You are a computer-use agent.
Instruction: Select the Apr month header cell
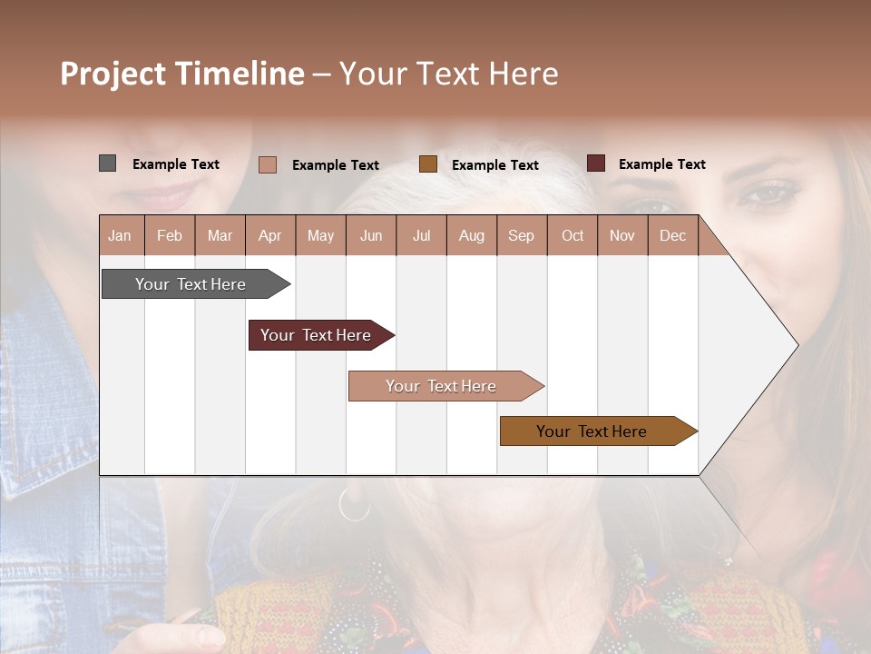click(x=270, y=235)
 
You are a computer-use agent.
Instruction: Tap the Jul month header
click(x=421, y=235)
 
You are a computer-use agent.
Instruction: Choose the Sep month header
click(x=522, y=235)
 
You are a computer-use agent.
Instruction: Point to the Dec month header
click(x=672, y=235)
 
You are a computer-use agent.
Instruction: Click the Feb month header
click(x=170, y=235)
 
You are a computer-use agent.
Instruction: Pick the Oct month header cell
click(x=573, y=235)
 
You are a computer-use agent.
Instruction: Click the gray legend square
click(x=108, y=163)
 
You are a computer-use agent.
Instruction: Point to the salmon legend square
click(x=268, y=164)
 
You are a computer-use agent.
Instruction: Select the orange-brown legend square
click(x=428, y=163)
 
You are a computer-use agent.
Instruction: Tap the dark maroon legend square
click(x=596, y=163)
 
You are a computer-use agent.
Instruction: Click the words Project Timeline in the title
click(x=182, y=74)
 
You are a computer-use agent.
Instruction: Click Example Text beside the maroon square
click(x=662, y=164)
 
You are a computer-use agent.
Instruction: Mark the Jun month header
click(x=371, y=235)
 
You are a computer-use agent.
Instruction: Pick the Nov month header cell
click(x=622, y=235)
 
